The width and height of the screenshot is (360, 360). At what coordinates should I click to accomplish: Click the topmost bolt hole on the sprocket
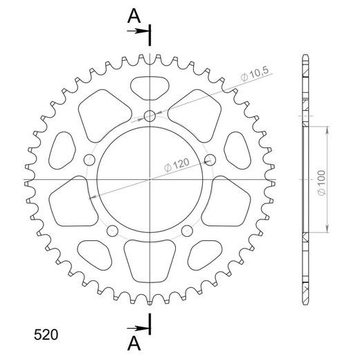pyautogui.click(x=151, y=116)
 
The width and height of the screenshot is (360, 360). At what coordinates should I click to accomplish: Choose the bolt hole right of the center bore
pyautogui.click(x=212, y=161)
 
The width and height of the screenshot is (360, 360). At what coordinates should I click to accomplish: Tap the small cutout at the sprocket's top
pyautogui.click(x=151, y=87)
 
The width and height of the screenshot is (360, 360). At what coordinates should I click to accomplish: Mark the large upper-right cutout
pyautogui.click(x=198, y=112)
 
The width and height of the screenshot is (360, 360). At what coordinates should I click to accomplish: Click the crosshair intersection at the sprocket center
pyautogui.click(x=151, y=179)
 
